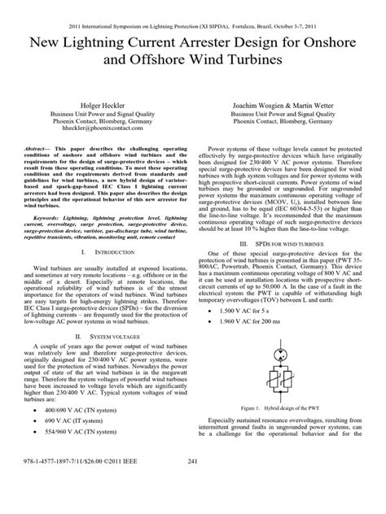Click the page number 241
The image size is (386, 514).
pos(193,485)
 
